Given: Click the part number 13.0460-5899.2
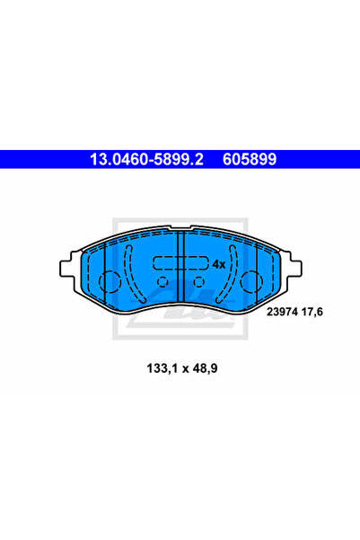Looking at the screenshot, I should tap(144, 159).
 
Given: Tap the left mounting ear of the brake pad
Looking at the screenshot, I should tap(66, 269).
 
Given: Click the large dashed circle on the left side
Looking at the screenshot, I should tap(109, 281).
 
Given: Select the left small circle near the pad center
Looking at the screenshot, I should tap(163, 281).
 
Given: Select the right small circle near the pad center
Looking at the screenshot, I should tap(197, 281).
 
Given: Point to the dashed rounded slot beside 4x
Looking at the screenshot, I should tap(180, 264).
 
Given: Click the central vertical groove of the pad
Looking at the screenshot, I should tap(180, 270).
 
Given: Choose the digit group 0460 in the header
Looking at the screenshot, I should tap(126, 159).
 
